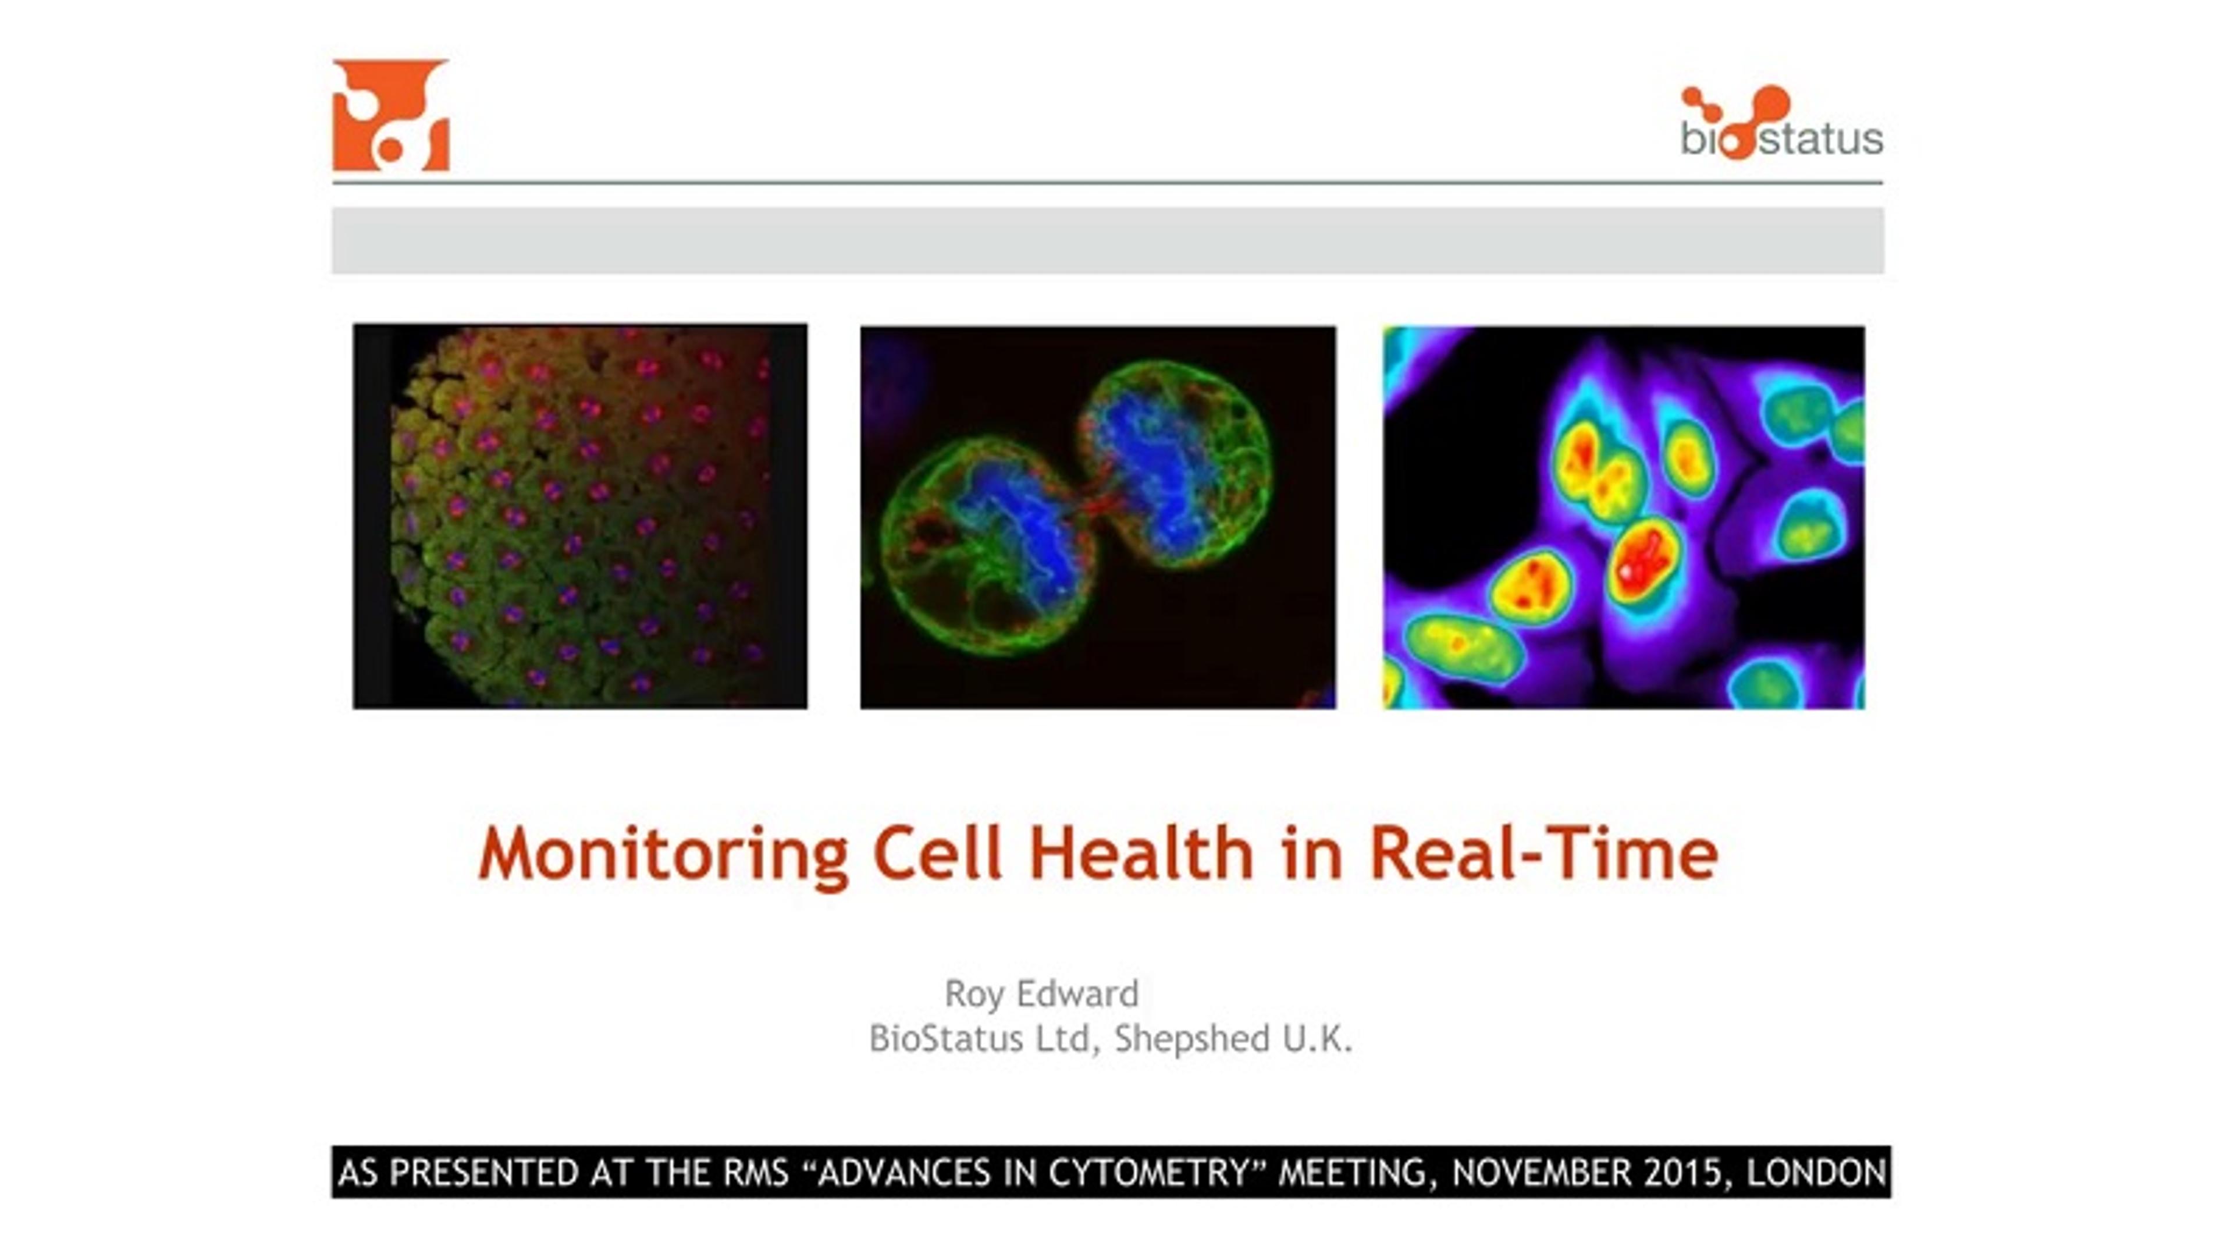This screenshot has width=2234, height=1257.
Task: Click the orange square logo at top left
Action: tap(391, 115)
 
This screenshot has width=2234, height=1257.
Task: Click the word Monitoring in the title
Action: tap(663, 854)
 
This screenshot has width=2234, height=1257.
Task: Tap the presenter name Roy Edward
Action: tap(1041, 993)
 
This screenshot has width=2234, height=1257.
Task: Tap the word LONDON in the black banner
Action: tap(1816, 1173)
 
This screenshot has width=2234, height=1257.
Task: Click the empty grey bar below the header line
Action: tap(1108, 240)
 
